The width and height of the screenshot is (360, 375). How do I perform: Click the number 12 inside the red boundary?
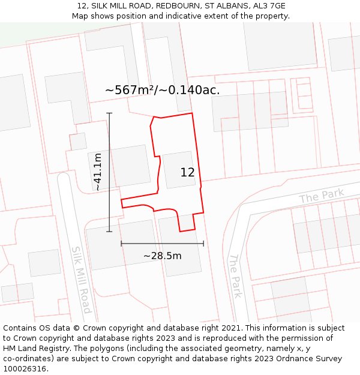point(187,172)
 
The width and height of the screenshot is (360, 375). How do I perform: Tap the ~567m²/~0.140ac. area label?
point(162,90)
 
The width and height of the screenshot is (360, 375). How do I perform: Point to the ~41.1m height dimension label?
point(97,172)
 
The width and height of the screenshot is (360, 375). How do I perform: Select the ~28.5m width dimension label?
point(162,256)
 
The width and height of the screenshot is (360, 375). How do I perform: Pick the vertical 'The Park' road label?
point(235,275)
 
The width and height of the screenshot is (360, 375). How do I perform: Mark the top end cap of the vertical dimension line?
point(109,113)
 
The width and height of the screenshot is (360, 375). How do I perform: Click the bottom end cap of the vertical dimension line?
point(109,231)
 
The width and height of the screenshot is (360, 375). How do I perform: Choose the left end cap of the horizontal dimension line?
point(121,243)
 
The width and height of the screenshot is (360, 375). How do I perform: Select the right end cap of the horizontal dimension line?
point(203,243)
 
